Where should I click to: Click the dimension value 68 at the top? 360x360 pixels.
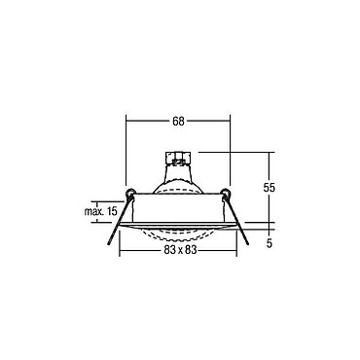tap(178, 122)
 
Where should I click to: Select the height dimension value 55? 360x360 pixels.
tap(270, 188)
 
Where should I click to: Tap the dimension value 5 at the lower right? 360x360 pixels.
tap(270, 243)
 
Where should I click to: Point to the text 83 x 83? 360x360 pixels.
tap(178, 250)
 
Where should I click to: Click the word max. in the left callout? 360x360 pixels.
tap(94, 212)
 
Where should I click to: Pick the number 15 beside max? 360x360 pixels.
tap(111, 212)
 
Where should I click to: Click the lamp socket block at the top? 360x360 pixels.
tap(178, 157)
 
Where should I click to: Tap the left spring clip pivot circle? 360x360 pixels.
tap(130, 193)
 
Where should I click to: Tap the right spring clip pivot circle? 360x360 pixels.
tap(226, 193)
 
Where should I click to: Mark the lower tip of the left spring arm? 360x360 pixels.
tap(108, 244)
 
